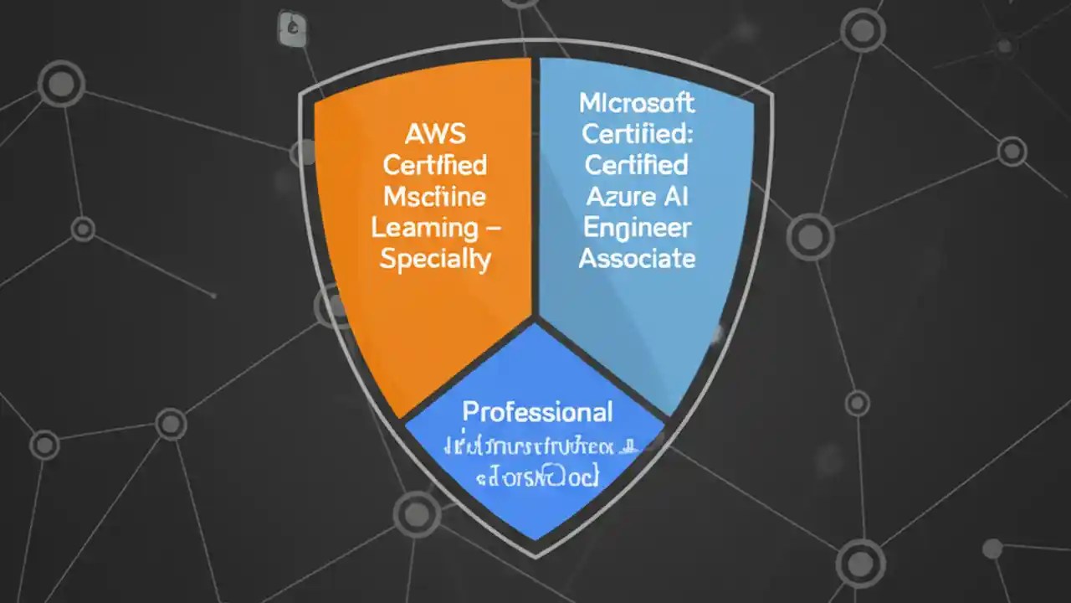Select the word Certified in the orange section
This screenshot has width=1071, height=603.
pyautogui.click(x=434, y=164)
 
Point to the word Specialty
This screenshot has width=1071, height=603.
pyautogui.click(x=434, y=259)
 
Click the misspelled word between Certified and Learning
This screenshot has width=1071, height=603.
pyautogui.click(x=434, y=196)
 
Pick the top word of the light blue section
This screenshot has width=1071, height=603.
pyautogui.click(x=637, y=103)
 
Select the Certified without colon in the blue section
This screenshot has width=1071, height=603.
pyautogui.click(x=637, y=164)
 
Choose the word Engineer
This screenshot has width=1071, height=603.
pyautogui.click(x=637, y=227)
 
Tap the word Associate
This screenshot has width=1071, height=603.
pyautogui.click(x=637, y=259)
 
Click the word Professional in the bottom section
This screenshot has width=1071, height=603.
pyautogui.click(x=537, y=412)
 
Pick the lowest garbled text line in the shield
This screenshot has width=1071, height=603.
pyautogui.click(x=537, y=477)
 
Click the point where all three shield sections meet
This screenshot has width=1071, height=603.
pyautogui.click(x=535, y=320)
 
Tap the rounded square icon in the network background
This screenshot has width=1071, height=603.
pyautogui.click(x=290, y=28)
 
